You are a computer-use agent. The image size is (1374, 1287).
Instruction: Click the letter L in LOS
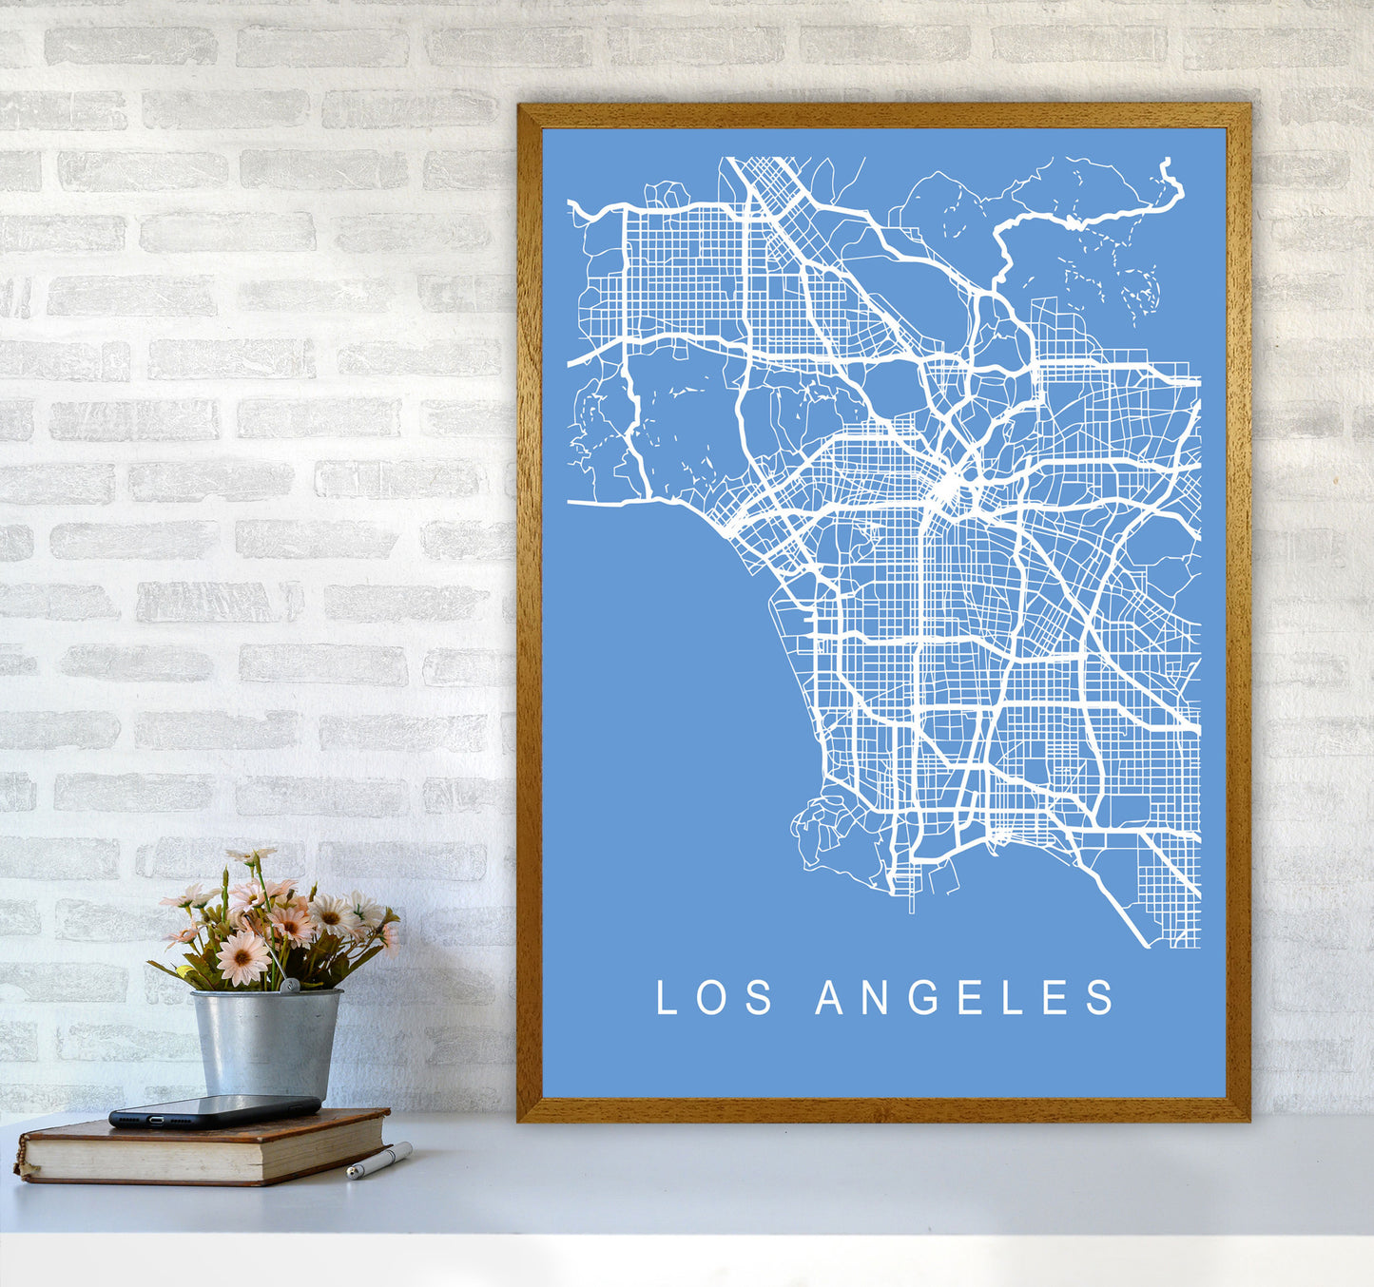(667, 997)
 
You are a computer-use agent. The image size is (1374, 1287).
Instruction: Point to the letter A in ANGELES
(829, 997)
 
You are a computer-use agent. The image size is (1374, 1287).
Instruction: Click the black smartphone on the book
(215, 1110)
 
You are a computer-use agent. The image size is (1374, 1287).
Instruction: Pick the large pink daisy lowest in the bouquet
(242, 957)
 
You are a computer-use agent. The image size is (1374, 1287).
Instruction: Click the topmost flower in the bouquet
(250, 856)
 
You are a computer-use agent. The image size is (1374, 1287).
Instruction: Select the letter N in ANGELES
(874, 997)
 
